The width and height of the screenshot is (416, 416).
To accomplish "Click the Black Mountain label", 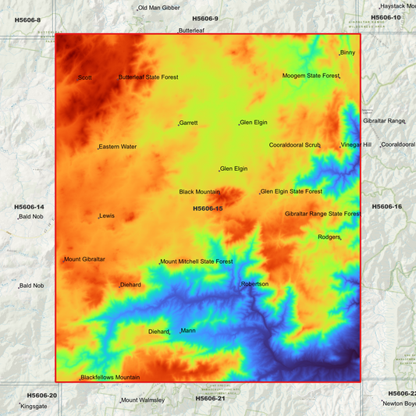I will pyautogui.click(x=199, y=192).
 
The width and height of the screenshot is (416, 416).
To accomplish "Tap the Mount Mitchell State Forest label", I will pyautogui.click(x=197, y=261).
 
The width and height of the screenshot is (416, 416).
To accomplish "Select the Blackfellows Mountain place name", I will pyautogui.click(x=110, y=378).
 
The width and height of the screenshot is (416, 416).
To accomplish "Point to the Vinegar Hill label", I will pyautogui.click(x=356, y=144).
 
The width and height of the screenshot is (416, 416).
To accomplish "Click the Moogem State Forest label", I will pyautogui.click(x=311, y=76).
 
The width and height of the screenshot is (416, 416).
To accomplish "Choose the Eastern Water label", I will pyautogui.click(x=118, y=147).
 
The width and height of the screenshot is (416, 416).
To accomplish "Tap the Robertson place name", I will pyautogui.click(x=254, y=284).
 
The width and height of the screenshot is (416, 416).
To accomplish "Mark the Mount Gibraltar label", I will pyautogui.click(x=84, y=259).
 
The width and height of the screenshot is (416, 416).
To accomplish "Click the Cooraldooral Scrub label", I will pyautogui.click(x=295, y=145).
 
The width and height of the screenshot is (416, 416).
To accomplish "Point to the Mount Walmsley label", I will pyautogui.click(x=143, y=400).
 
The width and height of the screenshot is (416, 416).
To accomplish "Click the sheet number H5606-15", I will pyautogui.click(x=208, y=208).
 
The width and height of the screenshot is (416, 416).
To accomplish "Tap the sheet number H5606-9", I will pyautogui.click(x=205, y=18).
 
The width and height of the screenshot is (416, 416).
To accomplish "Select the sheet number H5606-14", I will pyautogui.click(x=29, y=207).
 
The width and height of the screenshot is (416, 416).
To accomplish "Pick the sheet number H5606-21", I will pyautogui.click(x=210, y=399).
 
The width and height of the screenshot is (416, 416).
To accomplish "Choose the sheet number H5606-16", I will pyautogui.click(x=387, y=207).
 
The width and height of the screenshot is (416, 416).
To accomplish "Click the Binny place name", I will pyautogui.click(x=347, y=52).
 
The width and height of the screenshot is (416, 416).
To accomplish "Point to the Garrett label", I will pyautogui.click(x=188, y=123).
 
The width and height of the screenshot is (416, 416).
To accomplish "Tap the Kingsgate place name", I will pyautogui.click(x=34, y=406).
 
